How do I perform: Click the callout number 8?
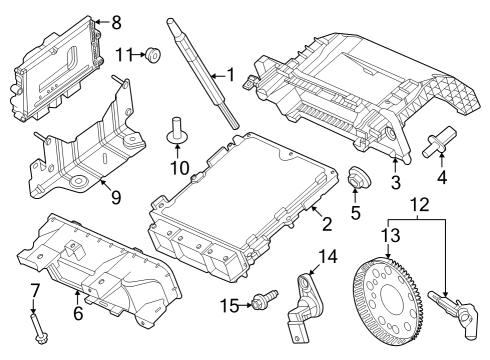(116, 22)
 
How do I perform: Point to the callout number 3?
(396, 183)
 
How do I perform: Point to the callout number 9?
(116, 197)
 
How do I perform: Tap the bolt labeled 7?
(36, 326)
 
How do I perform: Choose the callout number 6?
(77, 313)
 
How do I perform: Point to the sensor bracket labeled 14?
(310, 300)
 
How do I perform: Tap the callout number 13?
(388, 235)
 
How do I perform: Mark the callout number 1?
(231, 75)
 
